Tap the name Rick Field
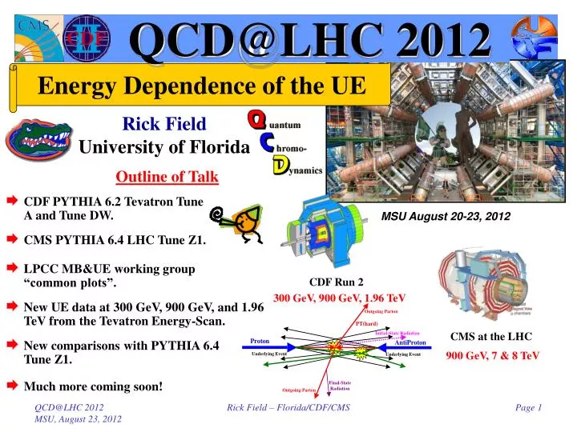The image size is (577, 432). click(x=164, y=123)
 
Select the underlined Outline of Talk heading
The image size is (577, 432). click(x=167, y=176)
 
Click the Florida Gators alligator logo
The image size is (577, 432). click(x=38, y=140)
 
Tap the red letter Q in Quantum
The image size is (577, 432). click(x=256, y=121)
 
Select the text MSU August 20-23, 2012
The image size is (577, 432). click(x=446, y=216)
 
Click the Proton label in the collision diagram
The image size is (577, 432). click(x=260, y=341)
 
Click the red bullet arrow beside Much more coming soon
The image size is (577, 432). click(x=13, y=386)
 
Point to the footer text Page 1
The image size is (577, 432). click(x=529, y=408)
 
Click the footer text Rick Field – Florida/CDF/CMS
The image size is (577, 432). click(x=288, y=408)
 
